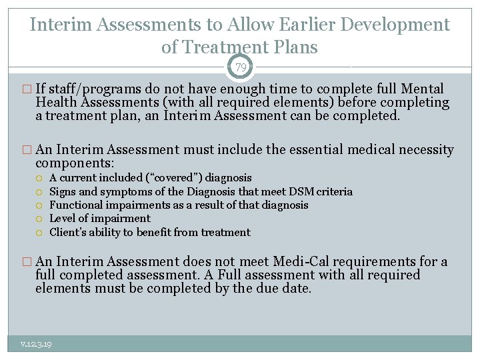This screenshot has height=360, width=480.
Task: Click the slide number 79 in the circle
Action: coord(240,68)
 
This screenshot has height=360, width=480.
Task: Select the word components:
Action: coord(75,163)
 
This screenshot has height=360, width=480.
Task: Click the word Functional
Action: coord(75,205)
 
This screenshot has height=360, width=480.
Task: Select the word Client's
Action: coord(68,233)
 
